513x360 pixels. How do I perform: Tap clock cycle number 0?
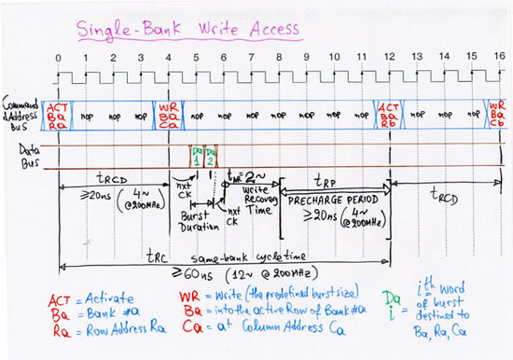click(x=58, y=58)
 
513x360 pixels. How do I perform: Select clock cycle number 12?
click(x=387, y=58)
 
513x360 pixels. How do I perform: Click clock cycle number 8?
click(x=278, y=58)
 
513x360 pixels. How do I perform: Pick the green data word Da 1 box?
click(x=197, y=156)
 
